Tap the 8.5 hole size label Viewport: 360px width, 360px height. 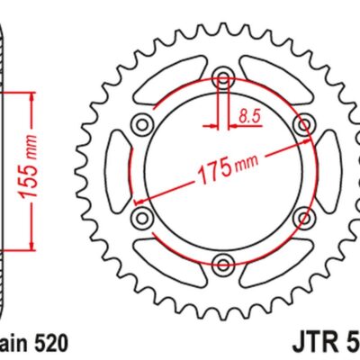pos(251,113)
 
